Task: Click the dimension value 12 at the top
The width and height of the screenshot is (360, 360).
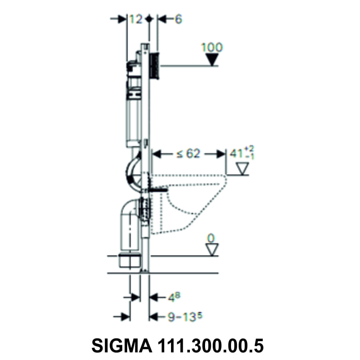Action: pyautogui.click(x=136, y=19)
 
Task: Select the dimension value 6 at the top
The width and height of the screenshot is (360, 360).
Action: pyautogui.click(x=178, y=19)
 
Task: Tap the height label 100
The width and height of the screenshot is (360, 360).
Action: pyautogui.click(x=212, y=47)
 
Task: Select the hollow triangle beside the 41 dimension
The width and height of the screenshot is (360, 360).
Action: pyautogui.click(x=242, y=168)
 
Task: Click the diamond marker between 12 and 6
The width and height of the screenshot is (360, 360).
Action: pyautogui.click(x=150, y=19)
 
